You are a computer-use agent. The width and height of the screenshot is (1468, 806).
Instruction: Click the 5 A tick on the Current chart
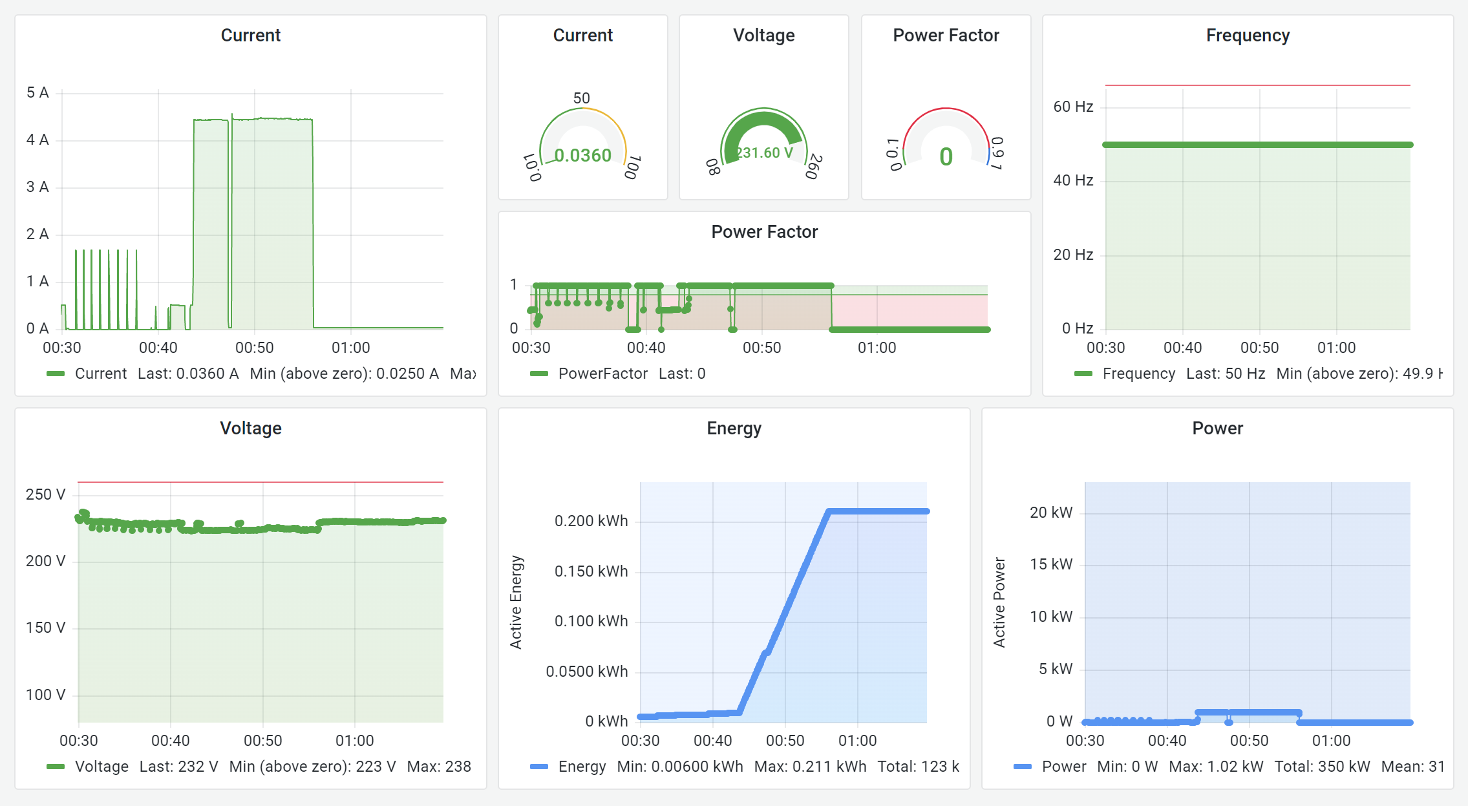coord(37,92)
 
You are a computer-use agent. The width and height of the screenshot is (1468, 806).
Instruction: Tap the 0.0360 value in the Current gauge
coord(582,155)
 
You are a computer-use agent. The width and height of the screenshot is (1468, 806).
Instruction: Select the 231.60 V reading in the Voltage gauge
coord(765,153)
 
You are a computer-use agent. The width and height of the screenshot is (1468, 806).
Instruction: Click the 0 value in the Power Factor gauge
coord(946,156)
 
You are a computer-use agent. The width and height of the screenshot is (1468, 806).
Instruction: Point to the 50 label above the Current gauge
coord(581,98)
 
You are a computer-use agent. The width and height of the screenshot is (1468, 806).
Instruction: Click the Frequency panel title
coord(1247,36)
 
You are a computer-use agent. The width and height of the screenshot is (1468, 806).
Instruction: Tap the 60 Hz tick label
coord(1072,107)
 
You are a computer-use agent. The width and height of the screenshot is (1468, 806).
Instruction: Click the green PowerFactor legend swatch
coord(538,374)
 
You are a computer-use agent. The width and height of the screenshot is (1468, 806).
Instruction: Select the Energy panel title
coord(734,428)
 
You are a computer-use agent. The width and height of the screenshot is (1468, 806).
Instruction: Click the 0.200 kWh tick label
coord(591,521)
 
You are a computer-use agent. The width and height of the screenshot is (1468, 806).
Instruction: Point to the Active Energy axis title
coord(515,602)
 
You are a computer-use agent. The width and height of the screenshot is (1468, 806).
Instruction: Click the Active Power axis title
coord(999,602)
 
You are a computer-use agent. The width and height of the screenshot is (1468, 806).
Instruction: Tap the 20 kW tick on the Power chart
coord(1050,513)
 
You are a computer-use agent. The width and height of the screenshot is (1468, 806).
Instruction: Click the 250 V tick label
coord(45,494)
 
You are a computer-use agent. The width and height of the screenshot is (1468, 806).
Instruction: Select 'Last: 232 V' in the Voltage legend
coord(178,767)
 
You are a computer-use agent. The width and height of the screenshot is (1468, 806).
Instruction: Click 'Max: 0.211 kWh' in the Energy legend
coord(810,767)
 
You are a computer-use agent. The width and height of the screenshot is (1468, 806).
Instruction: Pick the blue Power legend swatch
coord(1022,767)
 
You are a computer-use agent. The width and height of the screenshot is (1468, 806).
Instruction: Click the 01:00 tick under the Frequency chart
coord(1335,348)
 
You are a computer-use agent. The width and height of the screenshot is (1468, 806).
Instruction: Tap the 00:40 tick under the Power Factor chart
coord(646,348)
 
